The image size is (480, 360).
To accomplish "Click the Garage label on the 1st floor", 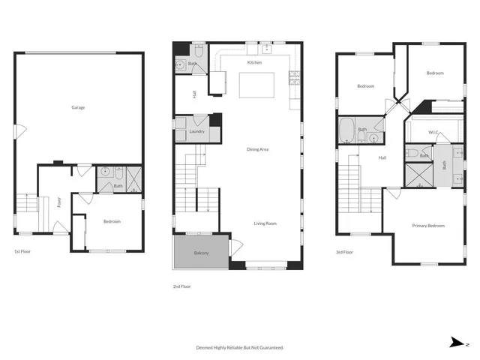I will click(78, 107).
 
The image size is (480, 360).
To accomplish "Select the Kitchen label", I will click(254, 63).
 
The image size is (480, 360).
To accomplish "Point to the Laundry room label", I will click(197, 132).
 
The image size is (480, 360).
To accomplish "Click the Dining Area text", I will click(257, 149).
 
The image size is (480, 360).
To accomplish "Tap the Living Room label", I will click(265, 223).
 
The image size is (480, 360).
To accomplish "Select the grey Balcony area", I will click(201, 252).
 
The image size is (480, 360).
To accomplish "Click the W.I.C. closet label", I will click(433, 133).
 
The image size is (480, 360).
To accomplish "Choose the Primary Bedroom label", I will click(428, 225).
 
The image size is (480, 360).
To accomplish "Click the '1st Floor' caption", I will click(23, 252).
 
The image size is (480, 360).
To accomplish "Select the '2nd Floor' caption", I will click(182, 286).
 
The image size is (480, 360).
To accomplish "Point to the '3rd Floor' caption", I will click(344, 252).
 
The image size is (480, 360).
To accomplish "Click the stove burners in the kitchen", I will click(295, 75).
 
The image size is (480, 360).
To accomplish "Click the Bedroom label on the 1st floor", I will click(111, 221).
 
